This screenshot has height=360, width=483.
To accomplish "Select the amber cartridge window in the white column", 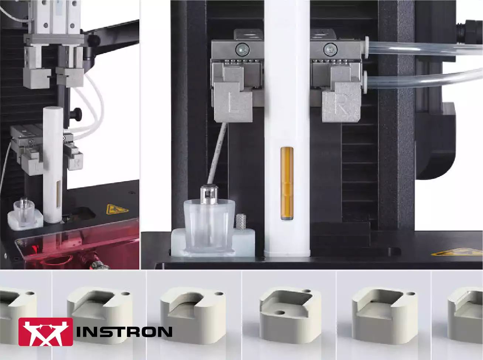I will coord(287,184).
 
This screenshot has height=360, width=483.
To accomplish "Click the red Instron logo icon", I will coord(45,332).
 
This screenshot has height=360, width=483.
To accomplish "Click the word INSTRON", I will coord(124,332).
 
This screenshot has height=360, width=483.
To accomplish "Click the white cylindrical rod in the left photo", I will coord(52,162).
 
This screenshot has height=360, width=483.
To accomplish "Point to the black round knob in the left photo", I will coord(77,113).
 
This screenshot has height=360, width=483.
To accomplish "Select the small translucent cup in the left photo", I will coord(25,213).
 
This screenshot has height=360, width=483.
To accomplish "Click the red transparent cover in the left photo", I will coord(74,247).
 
